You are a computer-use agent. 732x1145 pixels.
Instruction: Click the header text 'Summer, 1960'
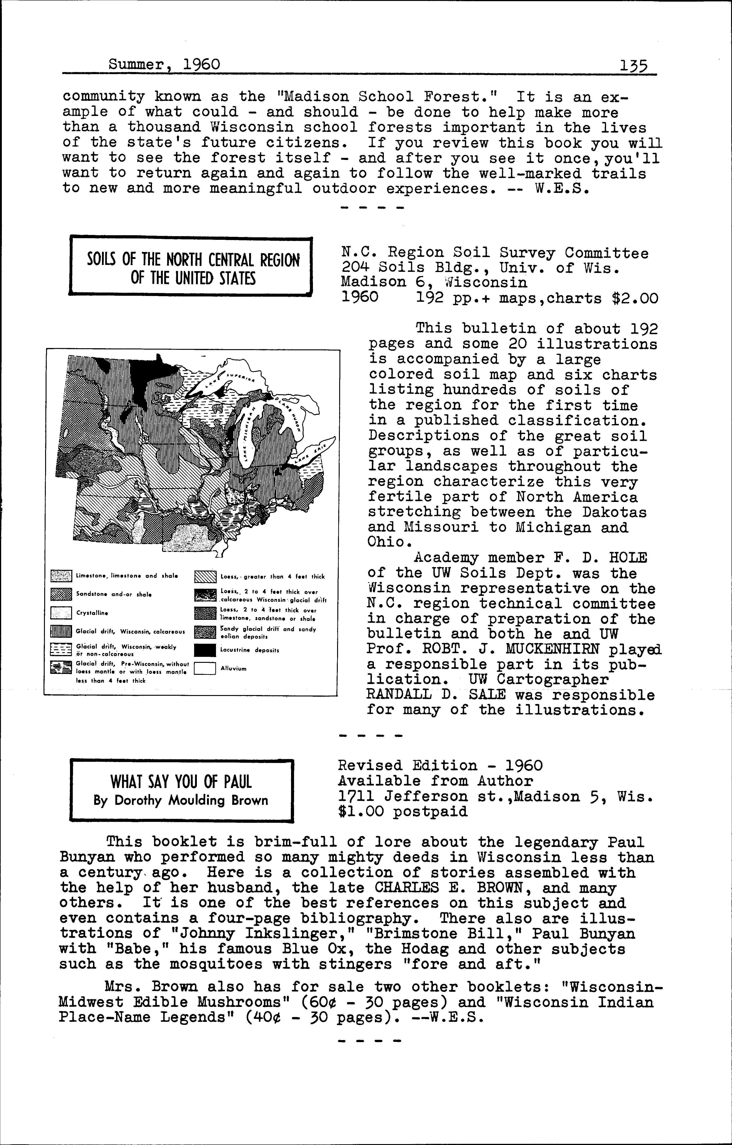coord(164,64)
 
